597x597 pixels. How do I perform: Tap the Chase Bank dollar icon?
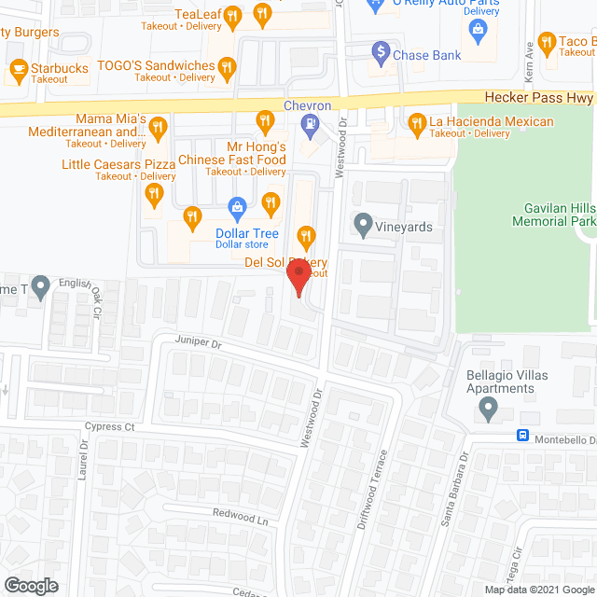click(380, 50)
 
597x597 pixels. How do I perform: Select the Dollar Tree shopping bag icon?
click(237, 206)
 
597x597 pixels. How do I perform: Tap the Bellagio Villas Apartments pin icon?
click(486, 408)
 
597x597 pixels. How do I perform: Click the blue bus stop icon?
click(524, 437)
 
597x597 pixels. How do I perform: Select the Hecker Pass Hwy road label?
click(539, 96)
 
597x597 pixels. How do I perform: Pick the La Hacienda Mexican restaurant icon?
click(417, 121)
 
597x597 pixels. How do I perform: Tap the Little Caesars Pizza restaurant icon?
click(154, 194)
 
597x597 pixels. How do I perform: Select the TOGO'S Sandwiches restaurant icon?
click(228, 66)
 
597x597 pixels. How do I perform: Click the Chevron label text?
click(308, 106)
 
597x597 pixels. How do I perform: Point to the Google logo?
click(30, 586)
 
